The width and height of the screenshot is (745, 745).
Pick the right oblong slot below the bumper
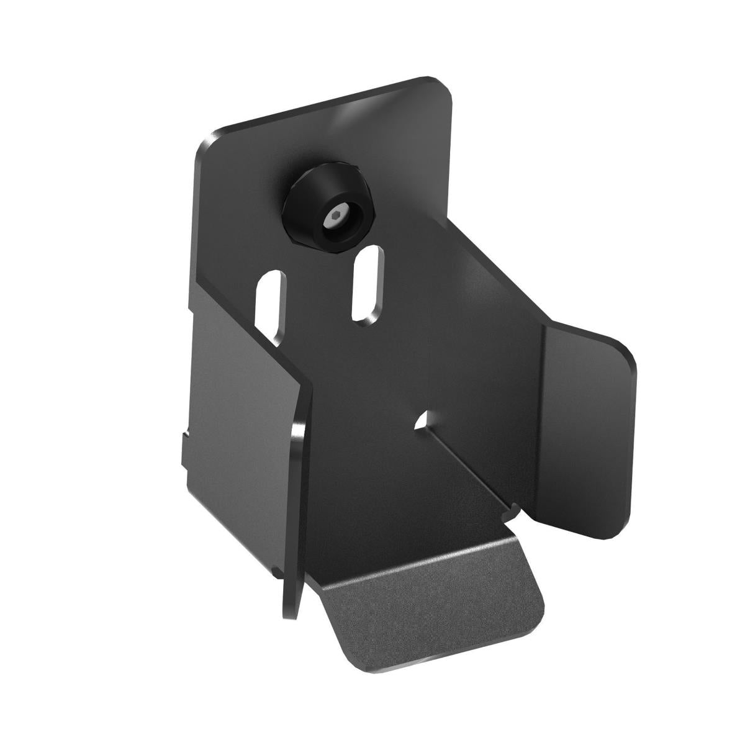(x=366, y=282)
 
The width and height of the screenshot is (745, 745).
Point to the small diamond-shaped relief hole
(x=424, y=420)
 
